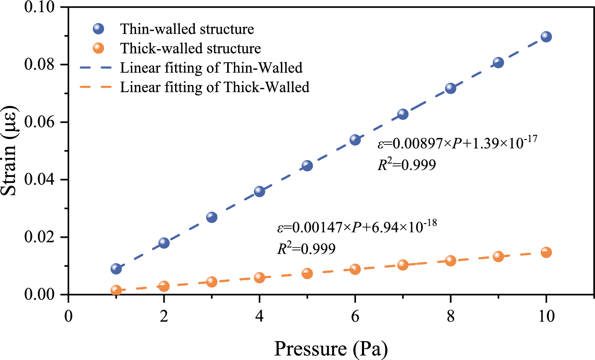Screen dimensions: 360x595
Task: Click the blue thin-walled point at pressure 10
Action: (546, 37)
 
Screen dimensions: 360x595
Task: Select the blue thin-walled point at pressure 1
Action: (116, 268)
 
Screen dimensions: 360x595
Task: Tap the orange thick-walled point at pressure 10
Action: (546, 252)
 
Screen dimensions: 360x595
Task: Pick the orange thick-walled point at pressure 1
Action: (116, 290)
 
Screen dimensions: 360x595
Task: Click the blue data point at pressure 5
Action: (307, 166)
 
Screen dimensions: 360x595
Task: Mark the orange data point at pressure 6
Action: (355, 269)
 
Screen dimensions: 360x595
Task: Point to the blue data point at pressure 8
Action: (451, 88)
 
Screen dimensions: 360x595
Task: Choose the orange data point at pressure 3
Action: (212, 281)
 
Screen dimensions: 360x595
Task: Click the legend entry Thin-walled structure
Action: (187, 29)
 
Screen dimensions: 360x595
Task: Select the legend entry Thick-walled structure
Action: (190, 48)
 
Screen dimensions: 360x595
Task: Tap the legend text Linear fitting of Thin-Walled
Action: (211, 68)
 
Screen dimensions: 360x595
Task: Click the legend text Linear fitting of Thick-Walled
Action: (215, 87)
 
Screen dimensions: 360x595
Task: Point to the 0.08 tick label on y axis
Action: (42, 65)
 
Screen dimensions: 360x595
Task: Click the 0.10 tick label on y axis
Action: (42, 7)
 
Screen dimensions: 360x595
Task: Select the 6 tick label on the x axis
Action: (355, 316)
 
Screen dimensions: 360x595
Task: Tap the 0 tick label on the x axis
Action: (68, 316)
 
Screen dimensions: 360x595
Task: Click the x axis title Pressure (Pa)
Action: (331, 349)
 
